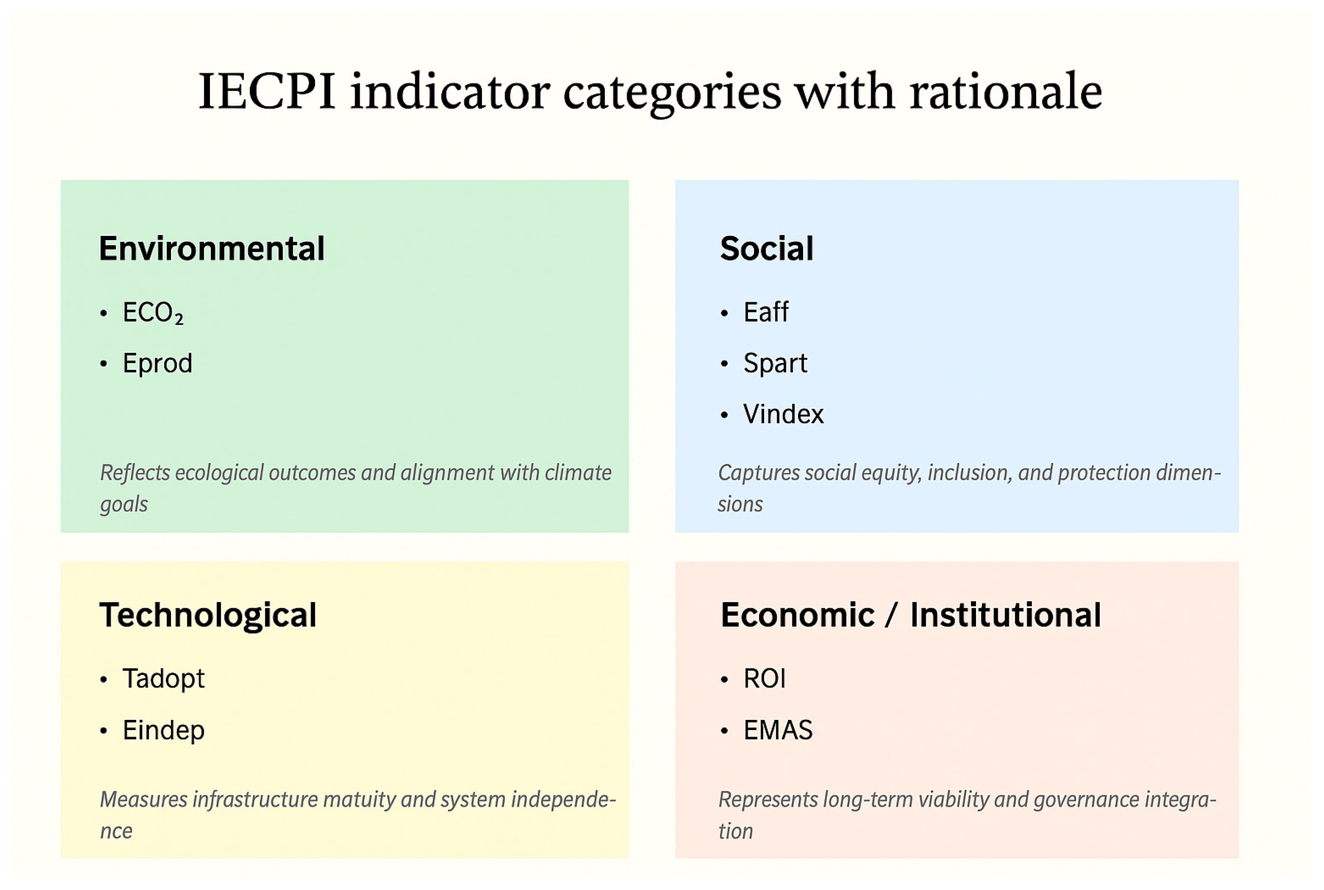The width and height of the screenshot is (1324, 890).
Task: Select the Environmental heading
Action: [x=212, y=248]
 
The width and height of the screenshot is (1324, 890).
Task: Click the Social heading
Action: [x=767, y=248]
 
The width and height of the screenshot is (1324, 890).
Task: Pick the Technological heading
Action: [x=208, y=615]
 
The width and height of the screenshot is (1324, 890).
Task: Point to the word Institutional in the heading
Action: [x=1006, y=615]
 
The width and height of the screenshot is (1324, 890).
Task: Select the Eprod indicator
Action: [x=158, y=363]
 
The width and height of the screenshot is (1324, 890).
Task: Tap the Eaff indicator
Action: [x=766, y=311]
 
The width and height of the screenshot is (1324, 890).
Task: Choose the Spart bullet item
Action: [x=775, y=363]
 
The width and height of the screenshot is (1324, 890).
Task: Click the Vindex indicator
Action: [x=784, y=414]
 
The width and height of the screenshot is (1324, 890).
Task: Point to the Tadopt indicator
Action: [x=164, y=679]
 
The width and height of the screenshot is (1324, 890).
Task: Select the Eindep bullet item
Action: [x=164, y=730]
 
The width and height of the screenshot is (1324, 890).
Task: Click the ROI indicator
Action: [x=765, y=678]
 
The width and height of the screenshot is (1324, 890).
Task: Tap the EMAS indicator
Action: [x=778, y=730]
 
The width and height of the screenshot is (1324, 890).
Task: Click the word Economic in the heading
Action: [x=798, y=615]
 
